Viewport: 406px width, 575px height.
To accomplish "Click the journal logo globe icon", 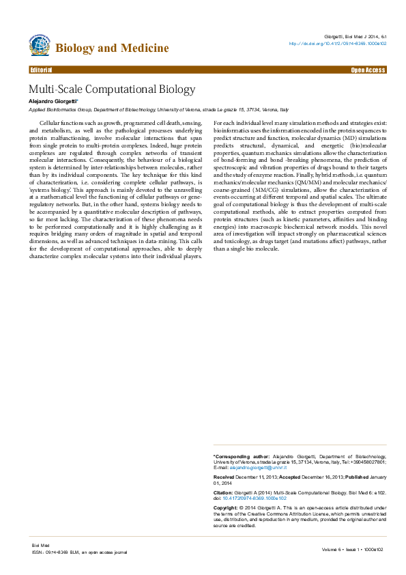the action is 40,46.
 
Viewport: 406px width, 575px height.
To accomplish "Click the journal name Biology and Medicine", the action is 112,48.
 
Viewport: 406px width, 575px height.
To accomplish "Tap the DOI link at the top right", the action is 338,42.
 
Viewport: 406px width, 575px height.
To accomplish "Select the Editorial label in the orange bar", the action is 42,70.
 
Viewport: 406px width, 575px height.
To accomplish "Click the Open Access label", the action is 368,70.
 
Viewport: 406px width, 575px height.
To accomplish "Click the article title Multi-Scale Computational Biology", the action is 111,89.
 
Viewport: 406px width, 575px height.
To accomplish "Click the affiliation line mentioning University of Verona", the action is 158,109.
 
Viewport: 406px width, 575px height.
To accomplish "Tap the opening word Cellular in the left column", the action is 52,122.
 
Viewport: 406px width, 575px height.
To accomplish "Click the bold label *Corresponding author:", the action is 242,455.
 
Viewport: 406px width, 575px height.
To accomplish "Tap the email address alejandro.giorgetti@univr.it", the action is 256,466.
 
